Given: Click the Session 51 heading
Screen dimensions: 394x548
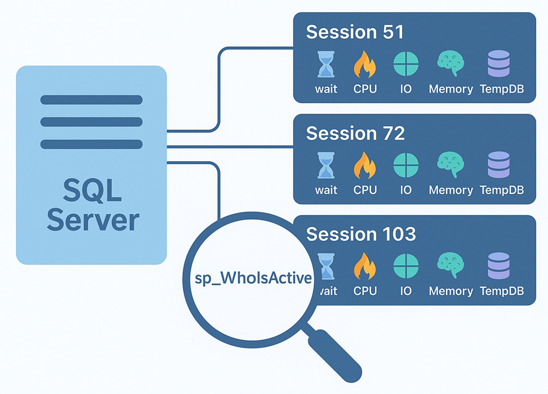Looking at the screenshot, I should (x=355, y=32).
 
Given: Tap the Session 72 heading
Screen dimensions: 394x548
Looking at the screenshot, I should (x=355, y=133).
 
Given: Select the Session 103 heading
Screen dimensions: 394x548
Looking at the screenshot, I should (x=361, y=234).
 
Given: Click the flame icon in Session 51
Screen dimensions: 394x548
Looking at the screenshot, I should (x=365, y=64).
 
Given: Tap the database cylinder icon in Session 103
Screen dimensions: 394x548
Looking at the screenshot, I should (x=499, y=266).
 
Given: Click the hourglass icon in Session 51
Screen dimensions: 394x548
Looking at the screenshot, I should (x=325, y=64).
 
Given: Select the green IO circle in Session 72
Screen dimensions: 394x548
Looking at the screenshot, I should (x=406, y=165).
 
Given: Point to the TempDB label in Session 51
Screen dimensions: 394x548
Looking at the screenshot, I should (x=501, y=89).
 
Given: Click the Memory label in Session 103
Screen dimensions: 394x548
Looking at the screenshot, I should (x=451, y=291).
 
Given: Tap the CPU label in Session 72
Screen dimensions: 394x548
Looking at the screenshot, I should (x=365, y=190).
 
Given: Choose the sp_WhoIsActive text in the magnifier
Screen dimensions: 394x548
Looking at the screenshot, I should (x=253, y=277).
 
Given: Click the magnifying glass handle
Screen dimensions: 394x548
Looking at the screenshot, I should (x=335, y=354).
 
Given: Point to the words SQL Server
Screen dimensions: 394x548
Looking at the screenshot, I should (x=93, y=205).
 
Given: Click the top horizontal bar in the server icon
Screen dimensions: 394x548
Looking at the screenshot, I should (x=91, y=100).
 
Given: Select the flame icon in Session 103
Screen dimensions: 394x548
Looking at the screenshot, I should (x=365, y=266).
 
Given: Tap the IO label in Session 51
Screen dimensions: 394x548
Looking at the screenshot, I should (x=406, y=89).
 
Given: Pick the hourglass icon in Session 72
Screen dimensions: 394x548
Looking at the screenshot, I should (x=325, y=165).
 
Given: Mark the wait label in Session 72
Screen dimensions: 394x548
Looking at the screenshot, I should (x=326, y=190).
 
